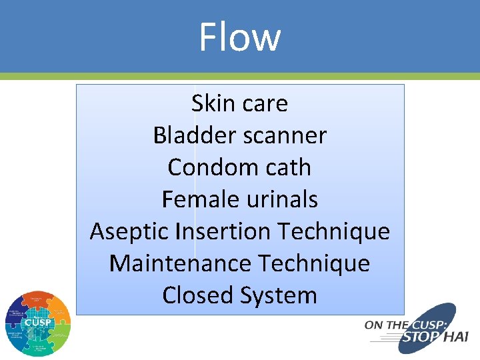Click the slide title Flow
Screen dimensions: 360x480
click(240, 37)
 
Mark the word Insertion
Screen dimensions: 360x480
click(223, 231)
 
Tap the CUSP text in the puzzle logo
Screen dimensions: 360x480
click(38, 323)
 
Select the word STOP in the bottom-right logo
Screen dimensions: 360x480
click(419, 337)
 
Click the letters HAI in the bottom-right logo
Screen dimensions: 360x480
click(456, 337)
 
